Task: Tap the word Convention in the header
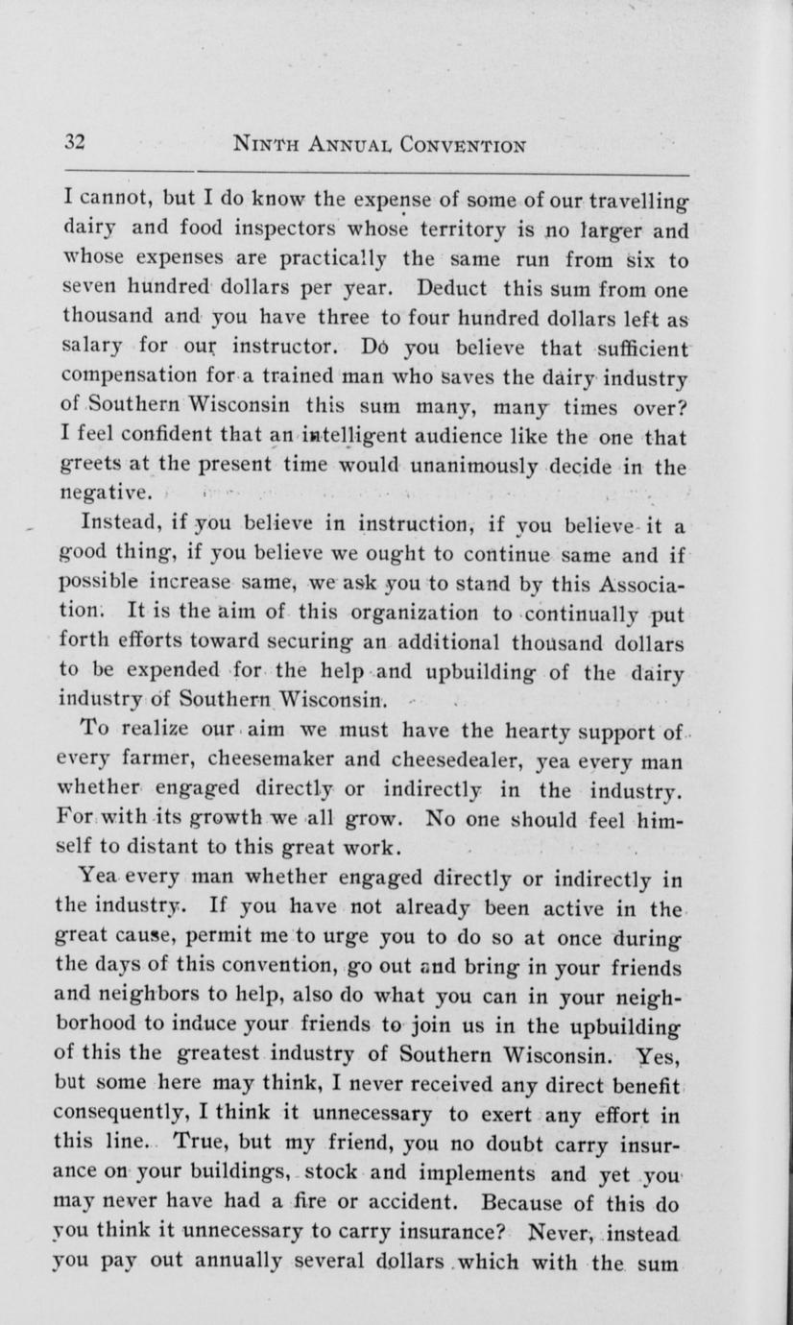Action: (x=457, y=145)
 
